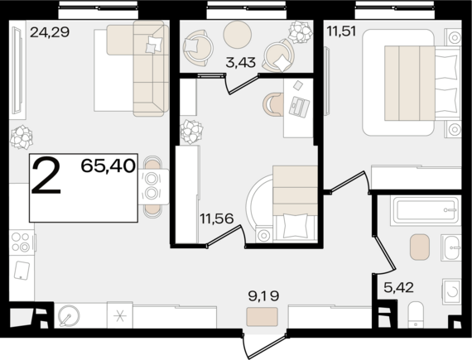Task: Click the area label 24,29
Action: (50, 32)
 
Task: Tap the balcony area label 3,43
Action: (240, 63)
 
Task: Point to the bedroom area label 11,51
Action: (342, 31)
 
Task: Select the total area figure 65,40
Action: (108, 166)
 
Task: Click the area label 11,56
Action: (217, 218)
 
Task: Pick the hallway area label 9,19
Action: (263, 295)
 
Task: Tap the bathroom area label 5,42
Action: (398, 288)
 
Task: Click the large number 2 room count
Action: (46, 176)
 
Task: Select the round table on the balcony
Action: (237, 35)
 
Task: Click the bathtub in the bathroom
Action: (426, 210)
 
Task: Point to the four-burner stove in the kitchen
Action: (22, 242)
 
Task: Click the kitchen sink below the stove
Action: (22, 271)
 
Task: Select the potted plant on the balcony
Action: (300, 31)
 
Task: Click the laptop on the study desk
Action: (299, 107)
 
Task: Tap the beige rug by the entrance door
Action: (262, 317)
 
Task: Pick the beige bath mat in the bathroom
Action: (420, 247)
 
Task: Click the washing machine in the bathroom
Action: (451, 291)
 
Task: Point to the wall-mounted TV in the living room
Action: (17, 70)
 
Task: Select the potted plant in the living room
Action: (21, 137)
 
